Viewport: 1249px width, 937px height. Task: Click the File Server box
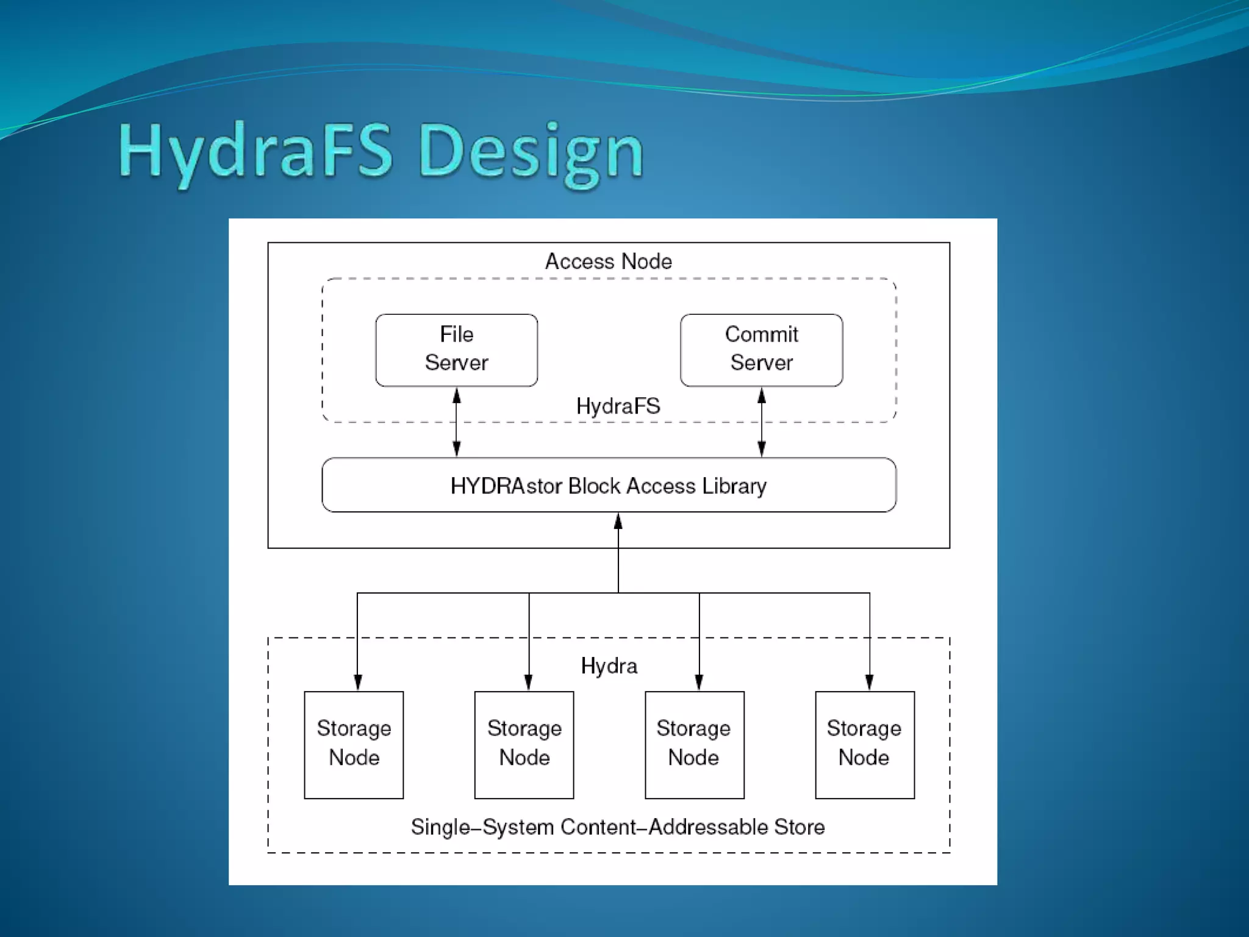[x=456, y=350]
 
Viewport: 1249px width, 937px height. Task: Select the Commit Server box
[x=761, y=350]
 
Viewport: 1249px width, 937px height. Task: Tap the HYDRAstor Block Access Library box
[x=609, y=485]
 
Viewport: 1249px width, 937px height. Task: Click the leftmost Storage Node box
[x=354, y=744]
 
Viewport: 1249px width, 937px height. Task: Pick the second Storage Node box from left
[x=524, y=744]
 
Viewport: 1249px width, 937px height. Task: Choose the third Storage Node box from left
[x=694, y=744]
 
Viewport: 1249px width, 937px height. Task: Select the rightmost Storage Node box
[x=864, y=744]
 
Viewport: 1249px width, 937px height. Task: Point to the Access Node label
[x=608, y=261]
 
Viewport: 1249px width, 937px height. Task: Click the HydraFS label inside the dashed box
[x=618, y=406]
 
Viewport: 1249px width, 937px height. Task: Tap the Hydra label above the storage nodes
[x=609, y=666]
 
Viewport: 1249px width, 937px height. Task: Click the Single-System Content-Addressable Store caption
[x=617, y=827]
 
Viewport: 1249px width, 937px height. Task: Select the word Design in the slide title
[x=531, y=153]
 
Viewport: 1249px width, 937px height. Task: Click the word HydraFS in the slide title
[x=256, y=153]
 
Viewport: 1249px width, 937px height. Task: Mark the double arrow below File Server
[x=456, y=422]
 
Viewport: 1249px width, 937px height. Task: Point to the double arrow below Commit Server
[x=761, y=422]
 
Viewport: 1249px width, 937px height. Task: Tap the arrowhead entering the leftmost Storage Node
[x=357, y=683]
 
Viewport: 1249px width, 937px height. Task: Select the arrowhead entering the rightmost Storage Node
[x=869, y=683]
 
